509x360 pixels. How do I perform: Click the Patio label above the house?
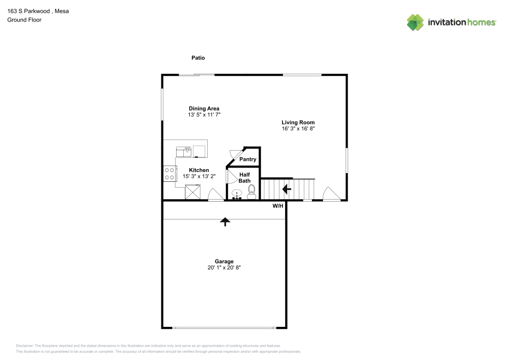198,58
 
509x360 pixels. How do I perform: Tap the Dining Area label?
204,108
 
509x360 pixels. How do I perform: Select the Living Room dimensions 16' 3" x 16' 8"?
298,129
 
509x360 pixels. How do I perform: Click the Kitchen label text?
199,170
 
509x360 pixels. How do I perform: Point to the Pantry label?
248,159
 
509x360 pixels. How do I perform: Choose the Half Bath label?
244,177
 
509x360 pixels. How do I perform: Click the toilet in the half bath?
251,191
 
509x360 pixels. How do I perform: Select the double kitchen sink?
183,151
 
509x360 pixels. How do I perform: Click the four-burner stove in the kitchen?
169,174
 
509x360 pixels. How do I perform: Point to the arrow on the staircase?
287,189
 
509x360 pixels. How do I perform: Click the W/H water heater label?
277,206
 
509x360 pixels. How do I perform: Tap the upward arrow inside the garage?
224,221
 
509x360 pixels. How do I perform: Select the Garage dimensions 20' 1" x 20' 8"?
224,267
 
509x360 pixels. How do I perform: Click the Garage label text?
224,261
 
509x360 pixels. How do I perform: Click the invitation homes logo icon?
415,22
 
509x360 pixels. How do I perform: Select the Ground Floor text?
24,20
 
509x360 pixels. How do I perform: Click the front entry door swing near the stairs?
330,194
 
